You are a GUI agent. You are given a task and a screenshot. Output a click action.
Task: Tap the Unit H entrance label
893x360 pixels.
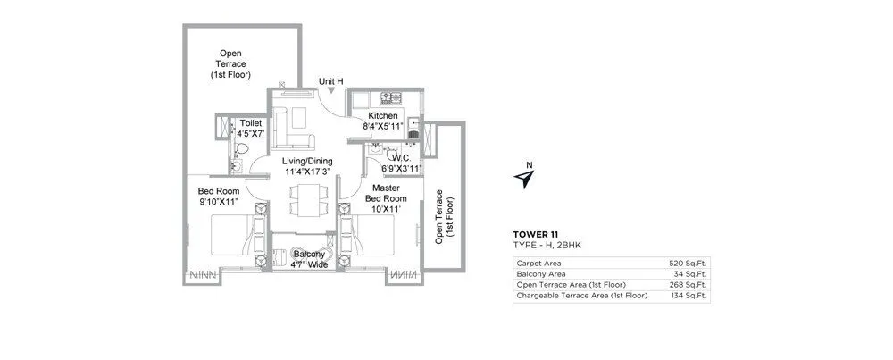coord(331,80)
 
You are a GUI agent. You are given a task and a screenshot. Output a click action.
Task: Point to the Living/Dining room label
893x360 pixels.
coord(308,165)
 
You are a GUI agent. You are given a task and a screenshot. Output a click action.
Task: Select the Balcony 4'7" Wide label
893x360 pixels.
coord(309,260)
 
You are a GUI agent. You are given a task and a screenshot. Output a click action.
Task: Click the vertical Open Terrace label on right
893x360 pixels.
coord(444,216)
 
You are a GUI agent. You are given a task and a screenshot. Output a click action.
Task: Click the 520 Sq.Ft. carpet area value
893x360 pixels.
coord(689,264)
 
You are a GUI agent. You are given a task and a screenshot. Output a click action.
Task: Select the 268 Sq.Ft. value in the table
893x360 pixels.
coord(689,285)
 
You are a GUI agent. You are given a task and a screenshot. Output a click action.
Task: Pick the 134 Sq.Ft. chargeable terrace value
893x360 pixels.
coord(689,296)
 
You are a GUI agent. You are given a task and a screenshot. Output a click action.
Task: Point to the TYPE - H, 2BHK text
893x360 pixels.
coord(547,244)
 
